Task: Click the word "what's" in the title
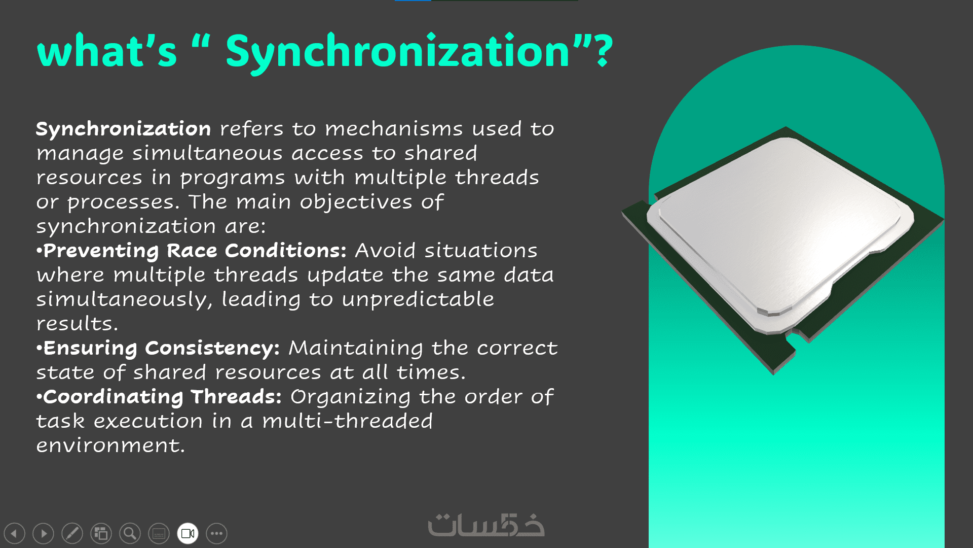[x=107, y=51]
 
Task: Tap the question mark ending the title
[x=604, y=51]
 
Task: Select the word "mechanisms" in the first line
[x=394, y=129]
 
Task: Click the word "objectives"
[x=356, y=202]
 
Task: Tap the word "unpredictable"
[x=418, y=299]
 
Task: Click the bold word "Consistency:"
[x=212, y=349]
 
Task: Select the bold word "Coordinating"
[x=113, y=397]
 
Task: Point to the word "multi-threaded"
[x=348, y=421]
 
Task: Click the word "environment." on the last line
[x=110, y=446]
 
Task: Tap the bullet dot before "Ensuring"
[x=39, y=348]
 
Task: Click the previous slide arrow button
[x=14, y=533]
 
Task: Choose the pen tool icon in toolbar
[x=72, y=533]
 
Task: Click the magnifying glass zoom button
[x=130, y=533]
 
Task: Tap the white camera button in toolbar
[x=188, y=533]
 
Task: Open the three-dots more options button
[x=217, y=533]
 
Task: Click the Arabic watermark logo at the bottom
[x=486, y=525]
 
